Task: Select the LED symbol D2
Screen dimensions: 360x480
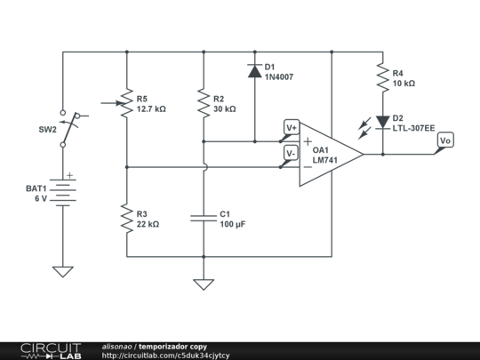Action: (x=383, y=122)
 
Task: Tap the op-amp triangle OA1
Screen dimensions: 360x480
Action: (x=329, y=154)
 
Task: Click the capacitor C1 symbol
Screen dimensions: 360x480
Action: (x=204, y=219)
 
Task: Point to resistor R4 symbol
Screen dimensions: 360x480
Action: (x=383, y=78)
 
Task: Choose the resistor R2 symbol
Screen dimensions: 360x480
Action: (x=204, y=103)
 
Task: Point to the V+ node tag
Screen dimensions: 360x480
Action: (x=291, y=128)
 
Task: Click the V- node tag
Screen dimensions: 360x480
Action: (x=291, y=153)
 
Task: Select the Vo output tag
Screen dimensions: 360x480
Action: (x=445, y=141)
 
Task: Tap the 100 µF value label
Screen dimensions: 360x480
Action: (x=232, y=225)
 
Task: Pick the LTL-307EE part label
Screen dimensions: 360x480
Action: (x=414, y=128)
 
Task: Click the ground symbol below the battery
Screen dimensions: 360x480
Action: (x=63, y=271)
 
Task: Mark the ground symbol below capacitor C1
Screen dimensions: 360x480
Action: (x=204, y=284)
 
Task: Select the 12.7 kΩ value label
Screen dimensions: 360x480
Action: (x=151, y=109)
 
